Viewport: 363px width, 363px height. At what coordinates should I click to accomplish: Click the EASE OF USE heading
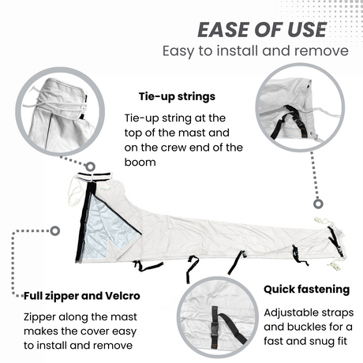pyautogui.click(x=261, y=29)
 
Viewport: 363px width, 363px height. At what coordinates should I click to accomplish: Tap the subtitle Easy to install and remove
pyautogui.click(x=255, y=51)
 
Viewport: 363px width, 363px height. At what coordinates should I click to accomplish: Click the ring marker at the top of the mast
pyautogui.click(x=89, y=168)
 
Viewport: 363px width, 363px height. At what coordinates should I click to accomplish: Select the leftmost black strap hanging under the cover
pyautogui.click(x=145, y=266)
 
